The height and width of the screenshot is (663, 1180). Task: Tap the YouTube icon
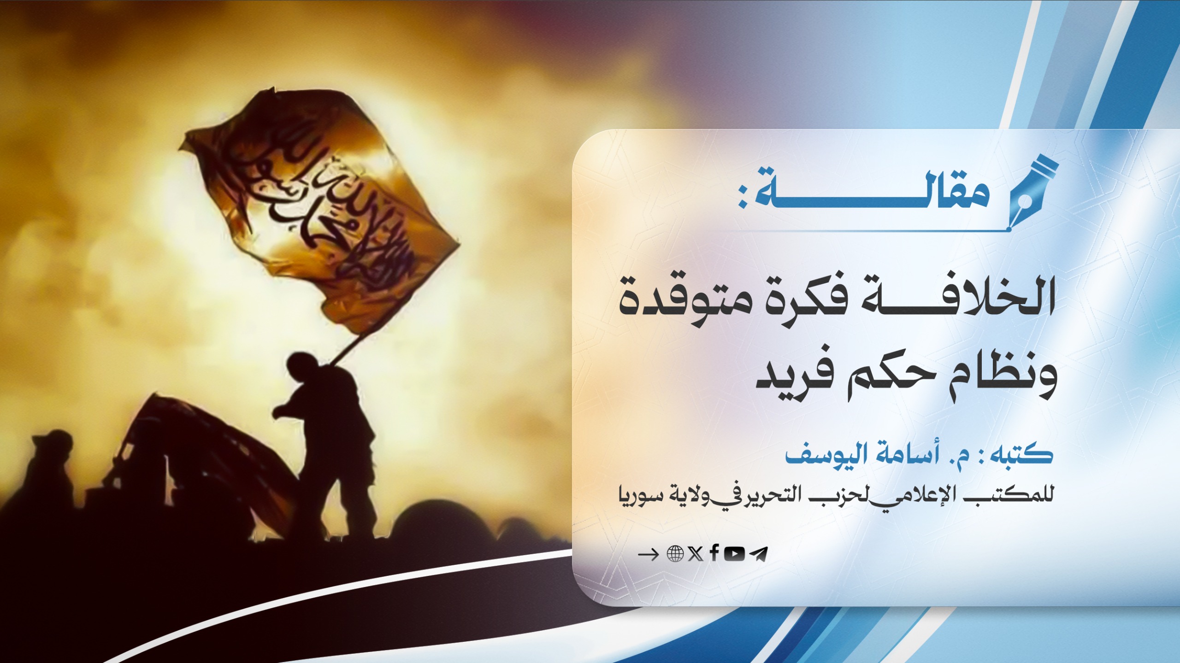(734, 554)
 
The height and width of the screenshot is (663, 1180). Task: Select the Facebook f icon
(714, 553)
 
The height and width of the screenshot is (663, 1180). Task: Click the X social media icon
(696, 554)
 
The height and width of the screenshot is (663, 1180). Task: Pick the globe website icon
(675, 554)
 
